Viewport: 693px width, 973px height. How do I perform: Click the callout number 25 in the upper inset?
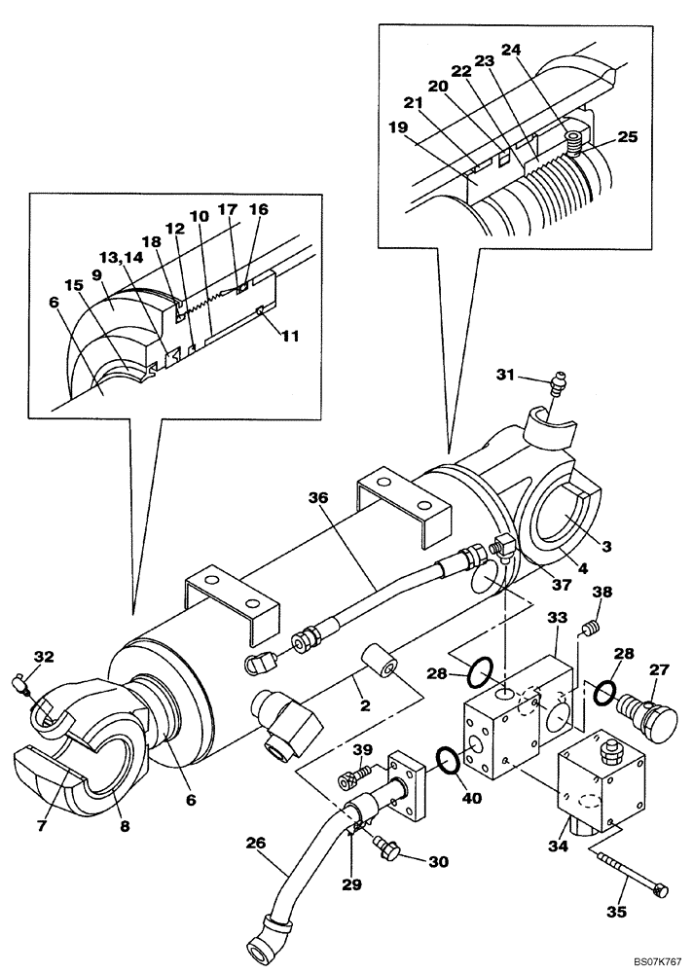627,137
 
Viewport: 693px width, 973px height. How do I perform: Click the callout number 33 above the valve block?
557,617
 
